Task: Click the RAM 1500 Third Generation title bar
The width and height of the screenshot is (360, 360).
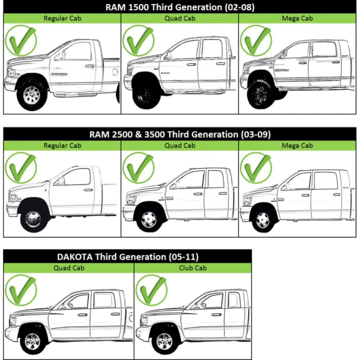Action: tap(180, 7)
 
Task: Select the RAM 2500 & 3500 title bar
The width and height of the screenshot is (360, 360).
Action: tap(180, 134)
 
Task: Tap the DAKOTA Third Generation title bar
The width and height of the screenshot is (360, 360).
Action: tap(127, 257)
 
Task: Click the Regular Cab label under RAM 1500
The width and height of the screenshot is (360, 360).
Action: tap(62, 18)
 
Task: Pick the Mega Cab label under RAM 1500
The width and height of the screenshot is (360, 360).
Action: tap(297, 18)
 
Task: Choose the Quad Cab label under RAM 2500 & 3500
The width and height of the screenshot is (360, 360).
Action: tap(180, 145)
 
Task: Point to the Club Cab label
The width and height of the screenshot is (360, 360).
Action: tap(193, 268)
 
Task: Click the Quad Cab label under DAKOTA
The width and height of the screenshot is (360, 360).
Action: tap(69, 268)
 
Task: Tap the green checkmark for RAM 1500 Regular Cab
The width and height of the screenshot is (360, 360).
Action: tap(21, 40)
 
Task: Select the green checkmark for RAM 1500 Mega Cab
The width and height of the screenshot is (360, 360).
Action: tap(256, 40)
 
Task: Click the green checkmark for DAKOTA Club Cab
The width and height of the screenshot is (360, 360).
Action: tap(151, 290)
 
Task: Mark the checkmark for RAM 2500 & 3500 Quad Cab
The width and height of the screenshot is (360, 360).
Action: tap(138, 167)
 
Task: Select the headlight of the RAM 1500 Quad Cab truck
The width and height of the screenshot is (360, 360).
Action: tap(130, 70)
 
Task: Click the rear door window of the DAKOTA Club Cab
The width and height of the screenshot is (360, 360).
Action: tap(233, 300)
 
